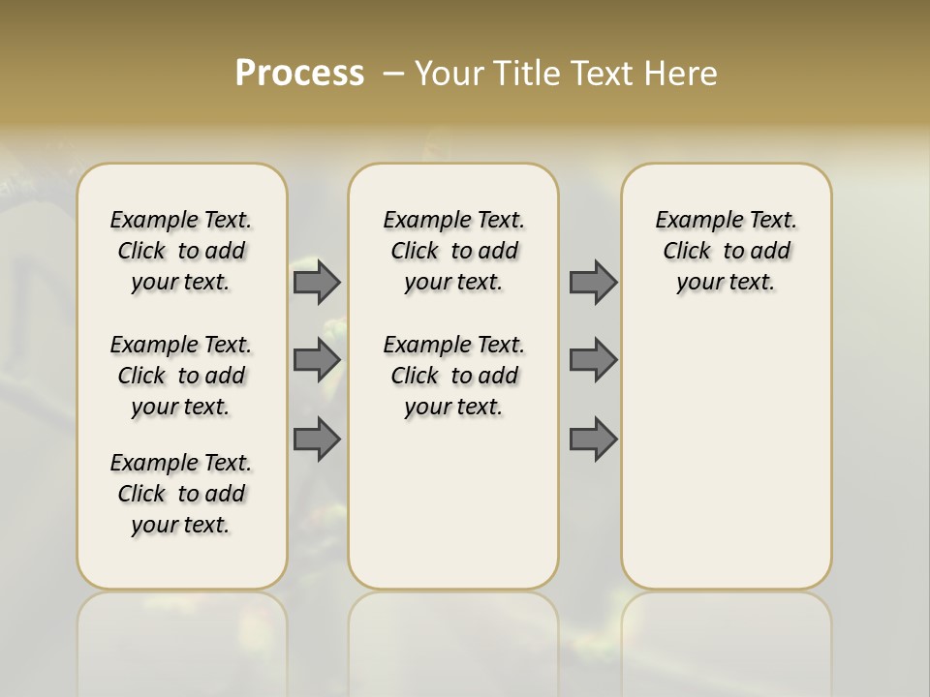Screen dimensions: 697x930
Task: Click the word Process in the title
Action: pos(299,73)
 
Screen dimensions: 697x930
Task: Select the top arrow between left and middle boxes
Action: pos(317,282)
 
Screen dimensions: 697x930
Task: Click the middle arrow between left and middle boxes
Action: pos(317,360)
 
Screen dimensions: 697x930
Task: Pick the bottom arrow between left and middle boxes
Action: pos(317,439)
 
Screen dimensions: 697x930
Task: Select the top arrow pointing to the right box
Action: pos(593,282)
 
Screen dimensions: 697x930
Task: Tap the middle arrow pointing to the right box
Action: pos(593,360)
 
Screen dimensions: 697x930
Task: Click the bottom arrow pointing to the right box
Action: pos(593,439)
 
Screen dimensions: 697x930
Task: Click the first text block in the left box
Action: pos(181,251)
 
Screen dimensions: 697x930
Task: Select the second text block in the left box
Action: pos(181,376)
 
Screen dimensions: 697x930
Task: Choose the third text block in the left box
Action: pos(181,494)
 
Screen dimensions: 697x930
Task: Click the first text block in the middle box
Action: pos(453,251)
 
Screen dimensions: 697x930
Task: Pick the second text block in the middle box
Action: pos(453,376)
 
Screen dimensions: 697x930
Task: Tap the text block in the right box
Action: pos(727,251)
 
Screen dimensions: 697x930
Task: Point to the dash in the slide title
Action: pos(393,74)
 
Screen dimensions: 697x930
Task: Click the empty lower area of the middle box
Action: pos(453,503)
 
